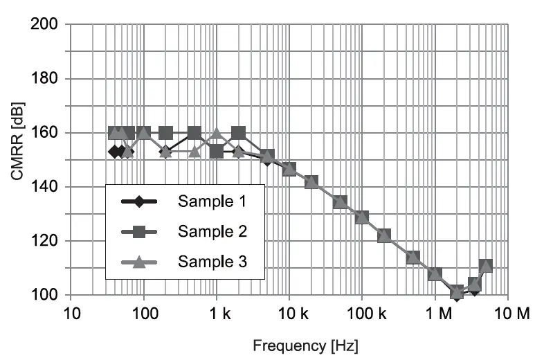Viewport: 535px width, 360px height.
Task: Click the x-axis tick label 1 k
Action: click(x=216, y=314)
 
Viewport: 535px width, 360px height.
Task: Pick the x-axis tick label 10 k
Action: click(x=289, y=314)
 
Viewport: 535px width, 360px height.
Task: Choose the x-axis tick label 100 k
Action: click(x=362, y=314)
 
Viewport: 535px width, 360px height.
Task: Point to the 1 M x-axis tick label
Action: click(x=437, y=314)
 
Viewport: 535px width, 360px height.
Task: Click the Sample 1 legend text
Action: click(x=212, y=202)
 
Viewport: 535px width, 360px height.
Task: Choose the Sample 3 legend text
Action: click(x=212, y=262)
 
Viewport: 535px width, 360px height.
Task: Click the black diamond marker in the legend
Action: click(x=138, y=202)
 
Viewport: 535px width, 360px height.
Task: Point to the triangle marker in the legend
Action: click(x=138, y=262)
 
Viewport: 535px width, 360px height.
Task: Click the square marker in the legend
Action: click(x=138, y=232)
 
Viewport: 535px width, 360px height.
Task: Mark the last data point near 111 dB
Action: click(x=486, y=266)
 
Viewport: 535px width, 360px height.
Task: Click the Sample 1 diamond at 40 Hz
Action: click(x=115, y=152)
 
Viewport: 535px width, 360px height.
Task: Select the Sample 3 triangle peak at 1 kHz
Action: click(x=217, y=134)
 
